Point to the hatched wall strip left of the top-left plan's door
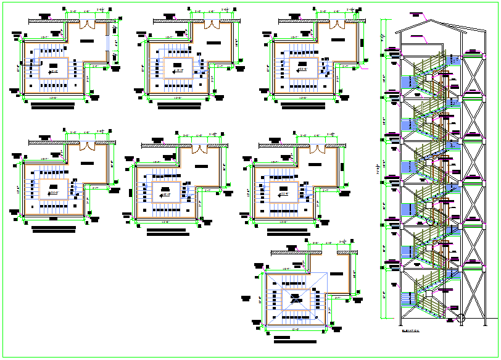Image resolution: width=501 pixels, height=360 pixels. pyautogui.click(x=47, y=21)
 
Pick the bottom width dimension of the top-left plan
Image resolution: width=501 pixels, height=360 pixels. pyautogui.click(x=54, y=98)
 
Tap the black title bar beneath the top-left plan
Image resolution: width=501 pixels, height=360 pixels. pyautogui.click(x=52, y=107)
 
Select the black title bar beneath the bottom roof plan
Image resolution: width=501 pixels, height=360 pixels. pyautogui.click(x=295, y=342)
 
